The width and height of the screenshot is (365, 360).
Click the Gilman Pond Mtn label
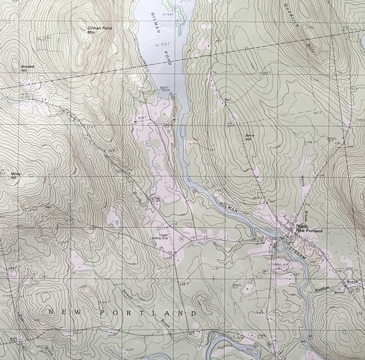(x=92, y=30)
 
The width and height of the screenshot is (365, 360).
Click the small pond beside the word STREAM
(x=281, y=249)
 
